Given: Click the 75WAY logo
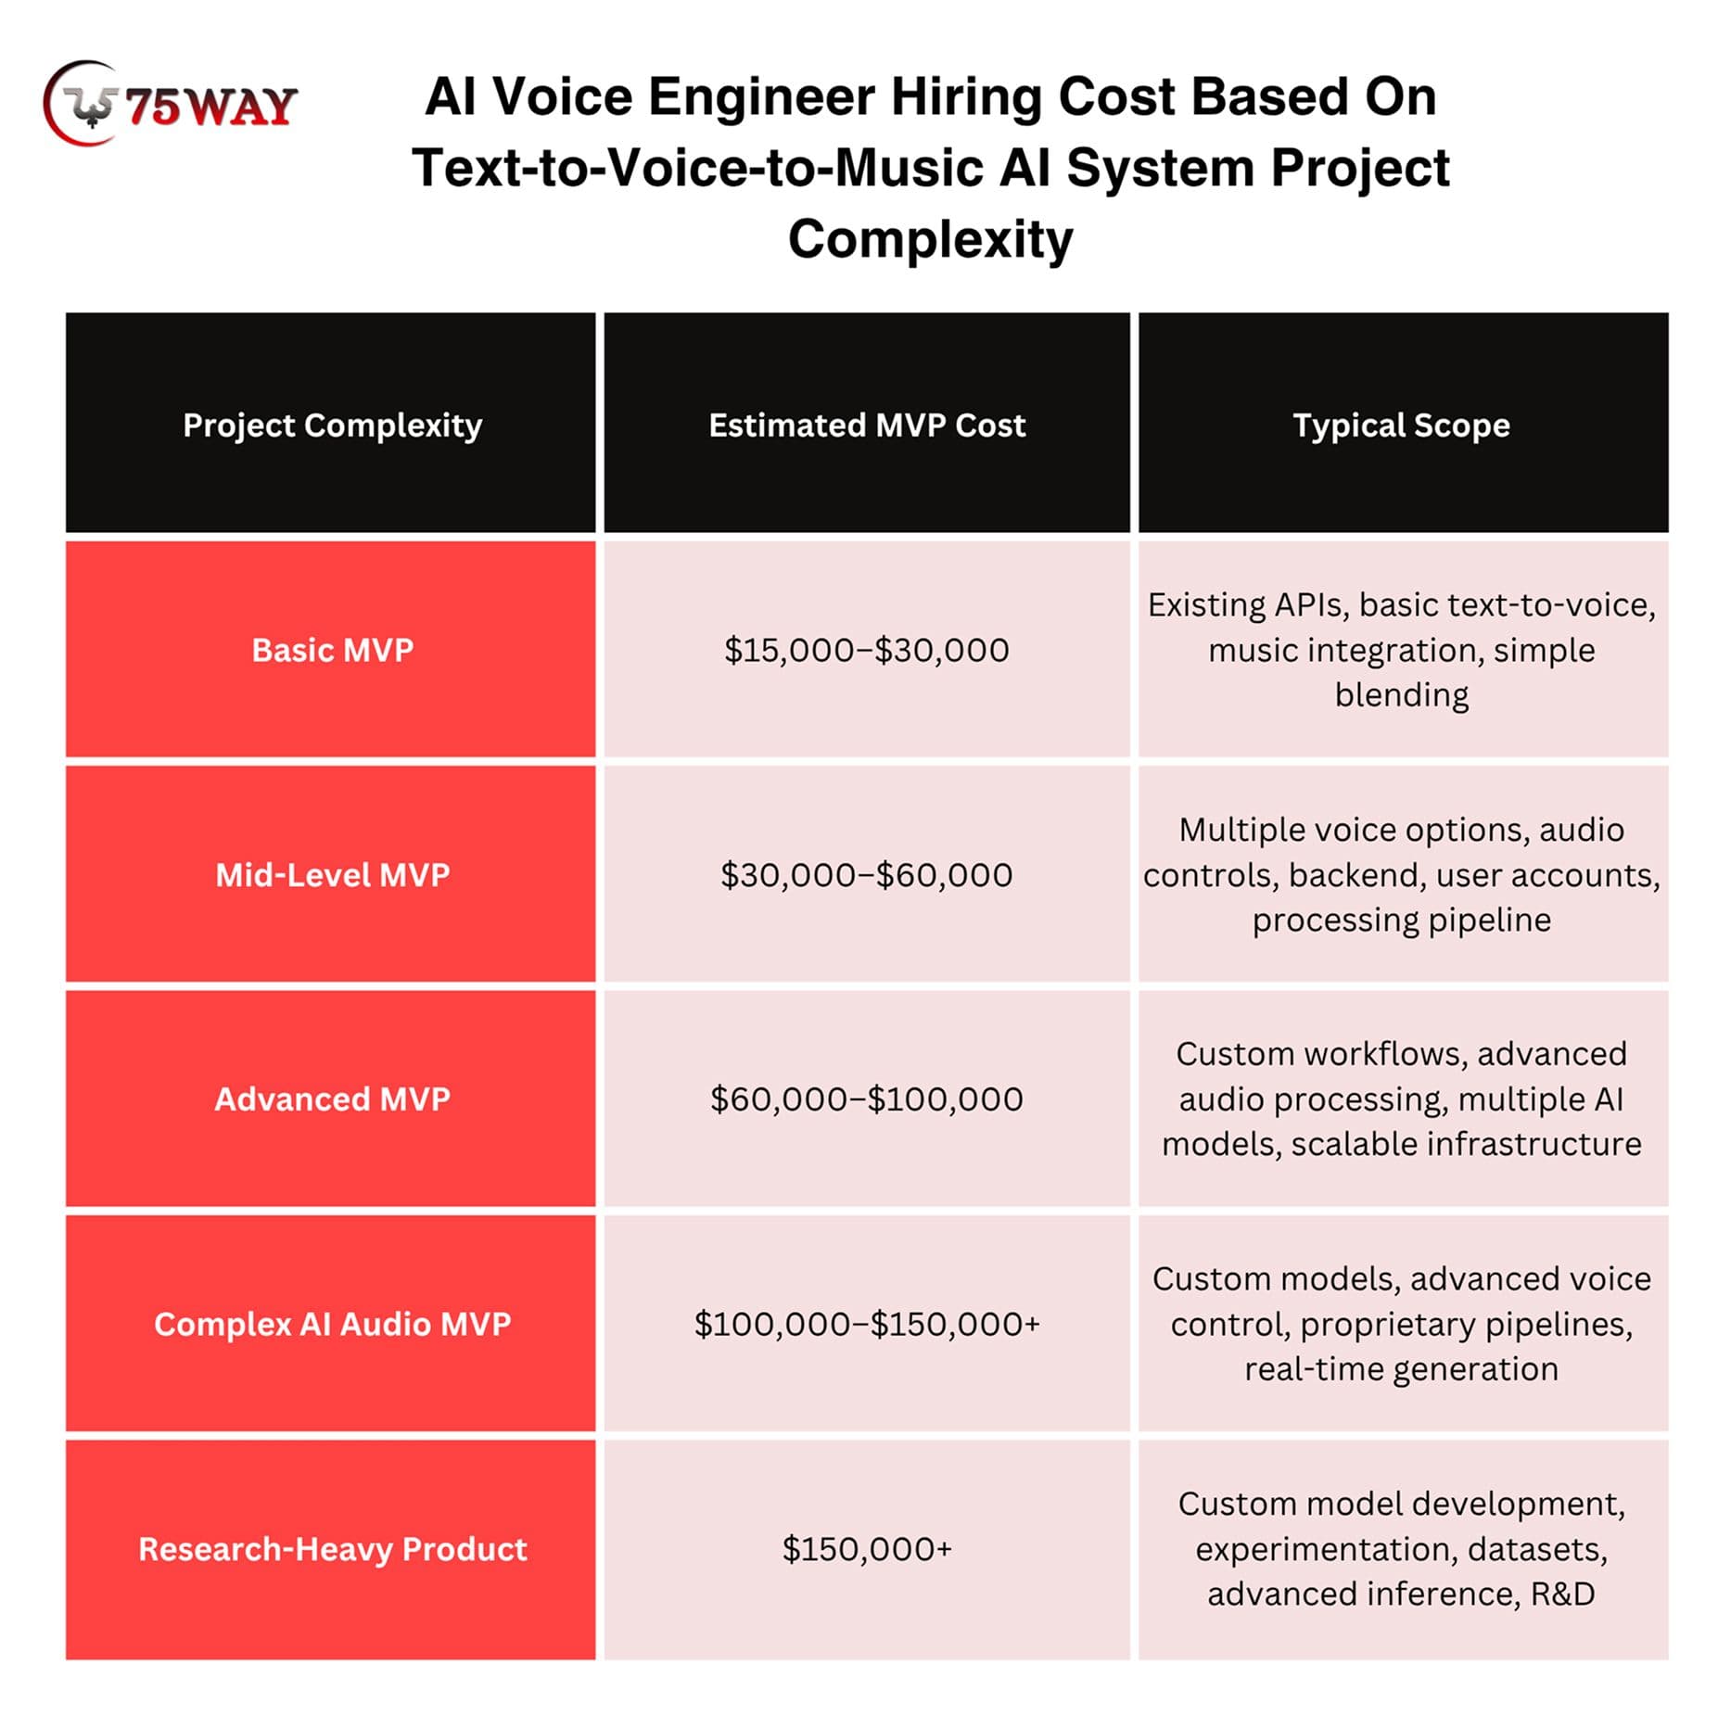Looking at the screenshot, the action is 171,104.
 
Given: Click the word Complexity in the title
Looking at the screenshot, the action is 930,239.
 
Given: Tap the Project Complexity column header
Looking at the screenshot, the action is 332,426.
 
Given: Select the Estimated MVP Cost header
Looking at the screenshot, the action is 867,426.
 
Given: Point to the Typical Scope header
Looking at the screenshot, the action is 1401,426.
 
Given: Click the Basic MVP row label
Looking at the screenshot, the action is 332,650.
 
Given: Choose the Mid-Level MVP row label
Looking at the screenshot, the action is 332,874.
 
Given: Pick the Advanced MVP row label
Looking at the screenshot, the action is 332,1099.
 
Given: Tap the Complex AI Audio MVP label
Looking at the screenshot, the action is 332,1324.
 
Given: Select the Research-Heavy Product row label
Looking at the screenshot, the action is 332,1548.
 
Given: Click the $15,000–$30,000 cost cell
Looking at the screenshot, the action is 867,650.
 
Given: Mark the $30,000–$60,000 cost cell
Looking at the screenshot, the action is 867,874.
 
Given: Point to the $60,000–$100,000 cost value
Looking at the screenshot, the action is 867,1099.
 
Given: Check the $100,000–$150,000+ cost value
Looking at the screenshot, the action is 867,1324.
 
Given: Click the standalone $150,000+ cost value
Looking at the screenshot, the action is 867,1548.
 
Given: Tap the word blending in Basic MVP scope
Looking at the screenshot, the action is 1401,695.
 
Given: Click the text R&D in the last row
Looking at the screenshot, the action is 1562,1594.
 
